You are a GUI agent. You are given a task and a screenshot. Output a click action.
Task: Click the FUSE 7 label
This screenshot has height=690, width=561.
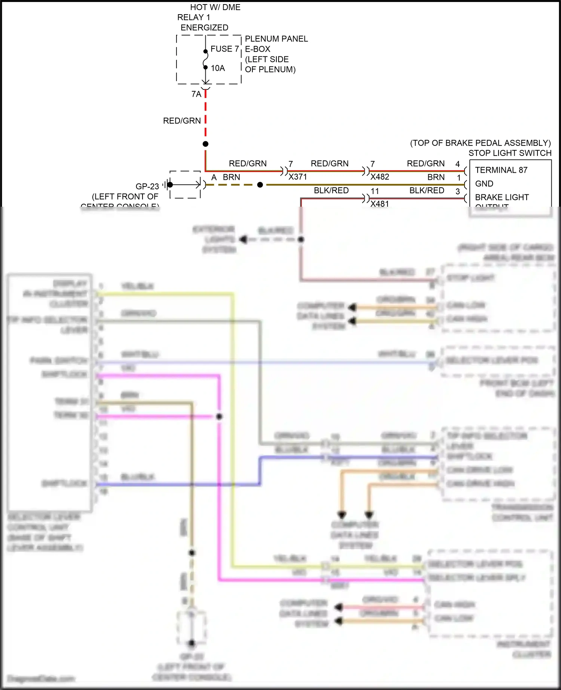tap(224, 49)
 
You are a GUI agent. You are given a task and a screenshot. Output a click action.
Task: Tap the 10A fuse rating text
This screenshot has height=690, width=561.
tap(218, 68)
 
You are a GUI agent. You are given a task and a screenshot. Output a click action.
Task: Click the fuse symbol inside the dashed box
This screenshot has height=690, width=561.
tap(205, 59)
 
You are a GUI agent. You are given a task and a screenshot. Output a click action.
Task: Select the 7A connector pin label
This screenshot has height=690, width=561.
tap(196, 94)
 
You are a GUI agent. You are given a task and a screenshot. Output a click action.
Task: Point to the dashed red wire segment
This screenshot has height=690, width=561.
tap(205, 116)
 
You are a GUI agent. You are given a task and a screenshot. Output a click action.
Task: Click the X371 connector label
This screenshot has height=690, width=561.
tap(297, 177)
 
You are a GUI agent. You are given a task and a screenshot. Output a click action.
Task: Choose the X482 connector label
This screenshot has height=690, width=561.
tap(380, 177)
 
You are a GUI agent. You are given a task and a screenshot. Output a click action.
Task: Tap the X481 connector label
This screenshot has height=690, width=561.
tap(380, 204)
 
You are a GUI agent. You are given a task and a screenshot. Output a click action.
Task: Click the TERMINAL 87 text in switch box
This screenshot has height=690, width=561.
tap(501, 170)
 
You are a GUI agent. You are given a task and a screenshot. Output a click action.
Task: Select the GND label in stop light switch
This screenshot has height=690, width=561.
tap(484, 184)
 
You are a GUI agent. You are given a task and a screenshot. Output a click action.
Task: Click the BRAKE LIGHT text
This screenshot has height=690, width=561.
tap(502, 197)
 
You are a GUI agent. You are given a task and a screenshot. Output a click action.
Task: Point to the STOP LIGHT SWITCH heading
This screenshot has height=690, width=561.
tap(510, 153)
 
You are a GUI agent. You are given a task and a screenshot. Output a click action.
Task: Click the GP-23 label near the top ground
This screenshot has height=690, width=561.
tap(147, 186)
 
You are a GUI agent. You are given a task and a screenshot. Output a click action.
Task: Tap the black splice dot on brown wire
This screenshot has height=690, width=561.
tap(260, 185)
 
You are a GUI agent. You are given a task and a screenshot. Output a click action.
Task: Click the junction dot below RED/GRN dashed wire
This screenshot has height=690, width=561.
tap(205, 144)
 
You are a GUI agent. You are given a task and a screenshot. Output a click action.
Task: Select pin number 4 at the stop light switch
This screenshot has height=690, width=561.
tap(457, 164)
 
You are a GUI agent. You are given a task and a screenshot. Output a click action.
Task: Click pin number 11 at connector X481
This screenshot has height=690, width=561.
tap(375, 191)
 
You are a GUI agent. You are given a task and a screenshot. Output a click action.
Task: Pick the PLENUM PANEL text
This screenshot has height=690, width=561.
tap(276, 39)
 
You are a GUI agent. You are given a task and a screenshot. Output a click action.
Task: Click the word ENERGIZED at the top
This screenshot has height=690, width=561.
tap(204, 28)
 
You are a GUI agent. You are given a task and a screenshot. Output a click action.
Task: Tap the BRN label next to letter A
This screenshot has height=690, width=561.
tap(231, 177)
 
